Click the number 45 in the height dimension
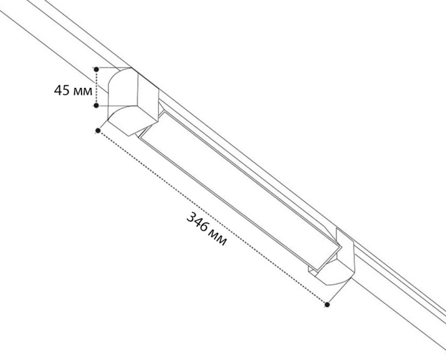[62, 90]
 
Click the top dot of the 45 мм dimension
[96, 68]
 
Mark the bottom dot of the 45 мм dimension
[96, 106]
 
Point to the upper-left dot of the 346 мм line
[97, 131]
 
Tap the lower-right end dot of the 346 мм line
[327, 305]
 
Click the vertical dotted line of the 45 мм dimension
[96, 87]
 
